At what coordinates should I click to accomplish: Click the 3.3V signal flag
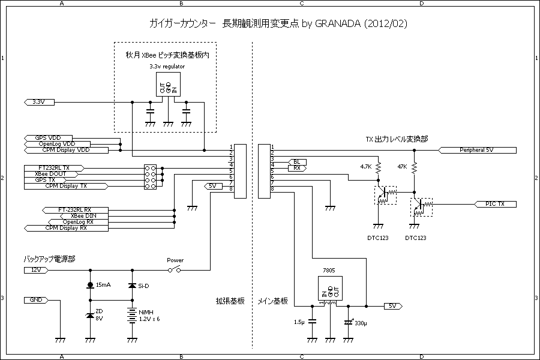39,102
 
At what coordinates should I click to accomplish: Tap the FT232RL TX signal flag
54,167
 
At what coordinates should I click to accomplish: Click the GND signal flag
35,299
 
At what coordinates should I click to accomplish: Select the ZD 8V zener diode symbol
90,315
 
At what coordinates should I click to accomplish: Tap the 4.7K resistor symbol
378,170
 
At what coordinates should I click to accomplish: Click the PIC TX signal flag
494,204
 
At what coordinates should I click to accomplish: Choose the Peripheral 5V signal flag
477,149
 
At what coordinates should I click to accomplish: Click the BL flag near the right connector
298,162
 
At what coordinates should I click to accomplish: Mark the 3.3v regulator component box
168,87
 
